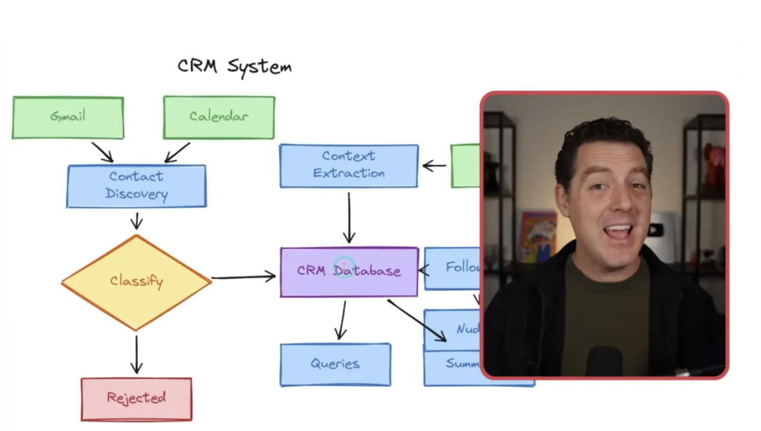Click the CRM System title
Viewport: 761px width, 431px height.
pyautogui.click(x=234, y=66)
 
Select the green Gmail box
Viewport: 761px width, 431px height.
pyautogui.click(x=68, y=117)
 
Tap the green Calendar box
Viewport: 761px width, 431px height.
pyautogui.click(x=219, y=117)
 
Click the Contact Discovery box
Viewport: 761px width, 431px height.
pyautogui.click(x=136, y=186)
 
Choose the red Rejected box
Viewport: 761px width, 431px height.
pyautogui.click(x=136, y=398)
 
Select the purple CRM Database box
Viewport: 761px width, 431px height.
pyautogui.click(x=349, y=272)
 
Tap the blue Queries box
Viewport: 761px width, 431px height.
pyautogui.click(x=335, y=364)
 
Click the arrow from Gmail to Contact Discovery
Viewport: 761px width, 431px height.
pyautogui.click(x=102, y=152)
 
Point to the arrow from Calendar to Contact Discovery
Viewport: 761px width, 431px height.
pyautogui.click(x=177, y=152)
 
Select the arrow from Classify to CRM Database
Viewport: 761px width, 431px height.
pyautogui.click(x=243, y=278)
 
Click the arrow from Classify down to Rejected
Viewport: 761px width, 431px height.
pyautogui.click(x=137, y=355)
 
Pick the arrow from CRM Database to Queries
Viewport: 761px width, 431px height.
pyautogui.click(x=342, y=320)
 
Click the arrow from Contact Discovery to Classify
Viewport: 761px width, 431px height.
pyautogui.click(x=137, y=220)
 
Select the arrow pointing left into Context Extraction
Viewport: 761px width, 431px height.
pyautogui.click(x=434, y=166)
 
